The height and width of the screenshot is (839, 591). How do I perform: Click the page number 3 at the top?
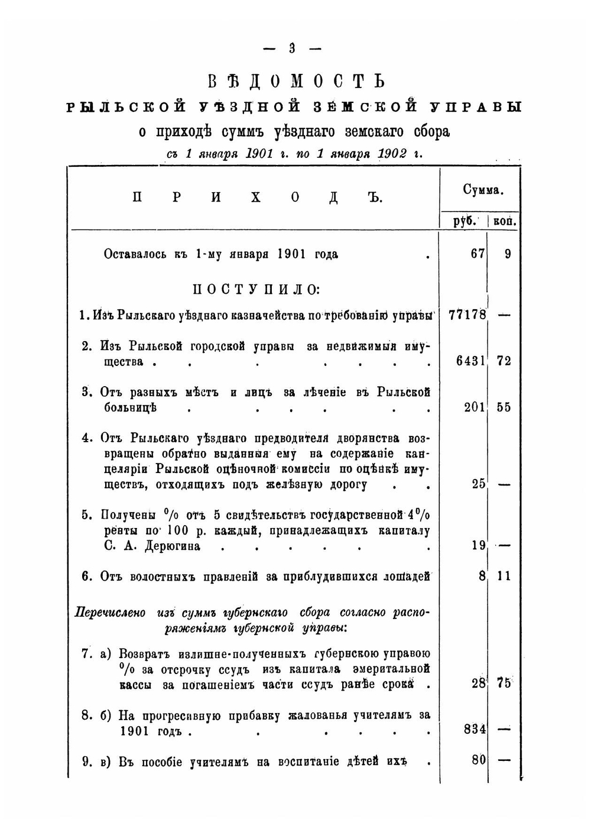(292, 49)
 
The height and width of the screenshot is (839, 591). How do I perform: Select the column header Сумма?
(482, 190)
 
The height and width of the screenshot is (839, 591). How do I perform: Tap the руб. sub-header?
(465, 222)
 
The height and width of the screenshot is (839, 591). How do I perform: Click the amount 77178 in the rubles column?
(467, 315)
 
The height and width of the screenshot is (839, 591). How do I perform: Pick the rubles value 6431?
(471, 361)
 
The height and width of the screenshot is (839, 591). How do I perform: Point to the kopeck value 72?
(504, 361)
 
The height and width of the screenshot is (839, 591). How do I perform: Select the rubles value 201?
(475, 407)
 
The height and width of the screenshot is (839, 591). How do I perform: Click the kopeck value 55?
(504, 407)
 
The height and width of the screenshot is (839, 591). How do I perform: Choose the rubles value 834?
(475, 730)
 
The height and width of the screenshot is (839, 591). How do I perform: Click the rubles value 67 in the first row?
(478, 254)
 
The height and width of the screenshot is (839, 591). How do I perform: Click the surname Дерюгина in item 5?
(171, 546)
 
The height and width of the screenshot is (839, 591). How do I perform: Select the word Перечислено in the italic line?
(110, 613)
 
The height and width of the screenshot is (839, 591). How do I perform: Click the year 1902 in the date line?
(392, 154)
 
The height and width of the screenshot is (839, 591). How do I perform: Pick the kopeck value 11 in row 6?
(504, 576)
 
